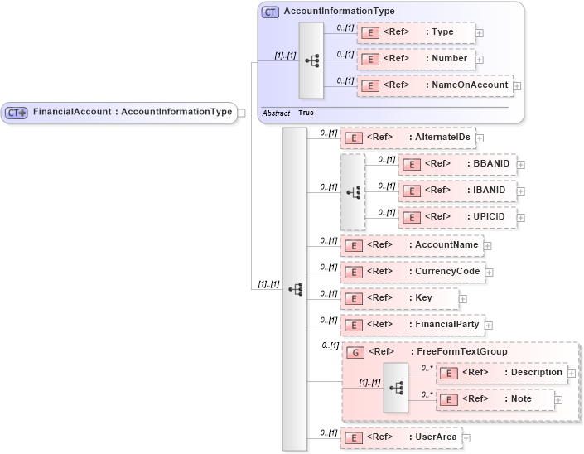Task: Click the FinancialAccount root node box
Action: point(119,113)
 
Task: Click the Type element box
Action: point(417,32)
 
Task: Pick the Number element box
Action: point(417,59)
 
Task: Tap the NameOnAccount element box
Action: point(435,85)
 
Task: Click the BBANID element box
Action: point(458,164)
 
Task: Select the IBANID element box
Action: point(458,191)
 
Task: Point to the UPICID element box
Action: point(458,217)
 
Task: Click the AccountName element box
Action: point(412,245)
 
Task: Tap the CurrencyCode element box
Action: point(412,272)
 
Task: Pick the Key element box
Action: point(398,298)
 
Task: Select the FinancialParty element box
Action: point(413,325)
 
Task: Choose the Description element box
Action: point(501,373)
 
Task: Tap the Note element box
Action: point(495,399)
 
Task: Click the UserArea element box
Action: point(400,437)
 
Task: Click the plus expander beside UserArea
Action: point(466,437)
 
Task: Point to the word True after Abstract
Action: point(306,113)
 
